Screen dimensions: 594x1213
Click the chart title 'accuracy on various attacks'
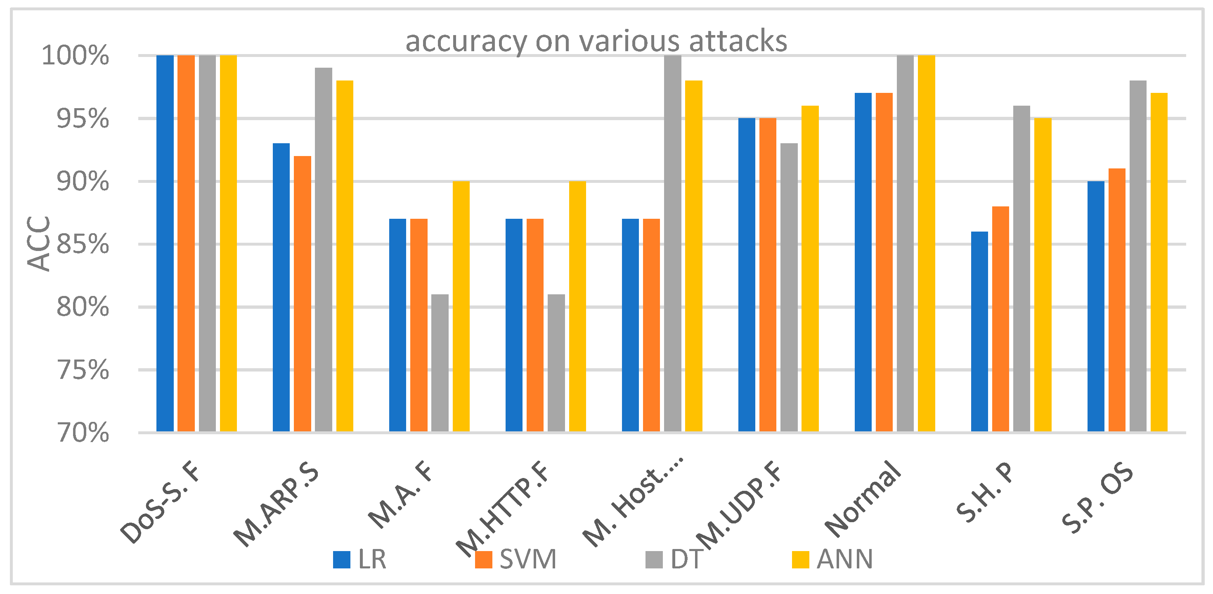[596, 41]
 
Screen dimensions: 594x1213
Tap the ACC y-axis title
[39, 244]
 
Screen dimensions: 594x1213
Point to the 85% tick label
[83, 244]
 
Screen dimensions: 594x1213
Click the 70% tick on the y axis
[83, 433]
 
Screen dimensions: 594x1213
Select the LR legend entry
[360, 560]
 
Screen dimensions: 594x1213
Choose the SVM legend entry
[516, 560]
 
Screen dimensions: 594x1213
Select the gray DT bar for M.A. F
[440, 363]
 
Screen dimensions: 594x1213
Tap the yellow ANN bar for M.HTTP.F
[577, 306]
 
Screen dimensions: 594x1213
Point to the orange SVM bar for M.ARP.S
[302, 293]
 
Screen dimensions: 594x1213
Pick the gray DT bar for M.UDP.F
[789, 287]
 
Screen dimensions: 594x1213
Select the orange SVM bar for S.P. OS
[1117, 300]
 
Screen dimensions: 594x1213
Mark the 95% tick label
[83, 119]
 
